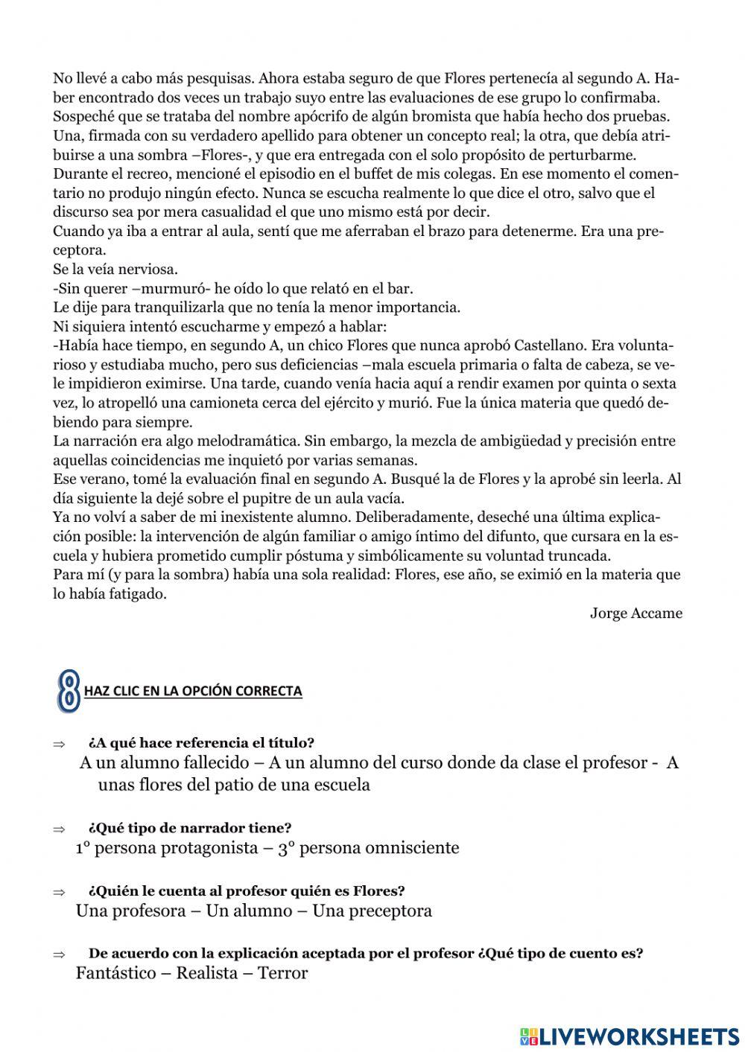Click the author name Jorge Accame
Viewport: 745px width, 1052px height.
coord(635,613)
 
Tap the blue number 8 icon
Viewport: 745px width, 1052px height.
coord(69,690)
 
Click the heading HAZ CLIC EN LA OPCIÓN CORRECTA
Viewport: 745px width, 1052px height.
coord(193,691)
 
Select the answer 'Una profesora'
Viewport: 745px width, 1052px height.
coord(130,911)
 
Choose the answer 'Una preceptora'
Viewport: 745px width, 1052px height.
coord(372,911)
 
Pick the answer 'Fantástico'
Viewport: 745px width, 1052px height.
coord(115,973)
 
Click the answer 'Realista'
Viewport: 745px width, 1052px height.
coord(206,973)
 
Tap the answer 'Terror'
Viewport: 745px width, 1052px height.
coord(282,973)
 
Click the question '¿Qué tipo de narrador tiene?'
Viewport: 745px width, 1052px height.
coord(189,827)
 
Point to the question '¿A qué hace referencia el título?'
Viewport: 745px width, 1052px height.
coord(201,742)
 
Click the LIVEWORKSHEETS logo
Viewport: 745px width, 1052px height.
coord(630,1036)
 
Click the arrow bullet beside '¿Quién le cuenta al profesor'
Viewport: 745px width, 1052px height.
coord(59,891)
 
